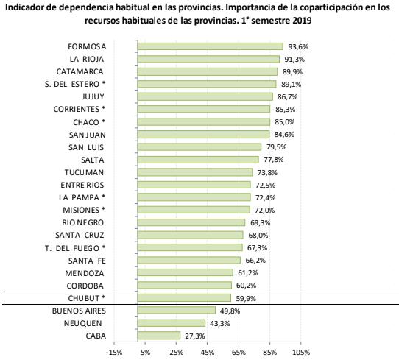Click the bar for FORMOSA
[211, 46]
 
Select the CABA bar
[159, 336]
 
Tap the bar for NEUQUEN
[172, 323]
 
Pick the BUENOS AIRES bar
[177, 311]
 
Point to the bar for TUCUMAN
[195, 172]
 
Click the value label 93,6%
[298, 47]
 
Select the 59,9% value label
[246, 298]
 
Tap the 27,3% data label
[195, 336]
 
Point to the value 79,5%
[276, 147]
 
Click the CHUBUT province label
[87, 298]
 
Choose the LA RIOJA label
[87, 60]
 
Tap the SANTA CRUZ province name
[80, 235]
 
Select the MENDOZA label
[85, 273]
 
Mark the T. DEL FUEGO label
[75, 248]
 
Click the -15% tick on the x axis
[114, 353]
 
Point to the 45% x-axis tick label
[208, 353]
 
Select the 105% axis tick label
[301, 353]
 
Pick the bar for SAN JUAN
[204, 134]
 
